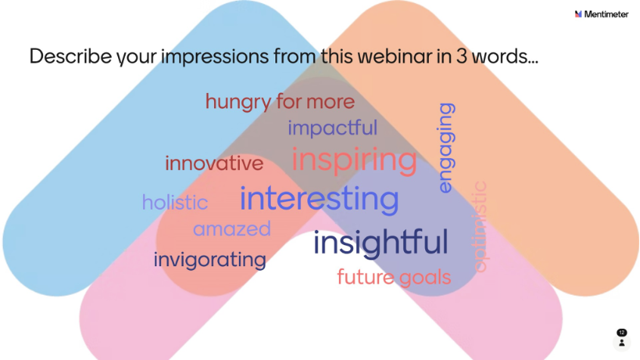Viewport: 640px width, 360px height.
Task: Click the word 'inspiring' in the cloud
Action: tap(354, 161)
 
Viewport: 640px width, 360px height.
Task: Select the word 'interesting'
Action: tap(319, 198)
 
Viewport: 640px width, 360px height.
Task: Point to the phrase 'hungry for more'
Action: tap(280, 101)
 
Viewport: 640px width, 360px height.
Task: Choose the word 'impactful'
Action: tap(333, 128)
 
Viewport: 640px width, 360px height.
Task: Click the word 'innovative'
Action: tap(214, 163)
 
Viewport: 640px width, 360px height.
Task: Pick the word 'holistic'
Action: tap(175, 202)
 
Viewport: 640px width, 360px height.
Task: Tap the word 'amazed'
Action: tap(231, 229)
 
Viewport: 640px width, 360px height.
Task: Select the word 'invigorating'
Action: tap(210, 260)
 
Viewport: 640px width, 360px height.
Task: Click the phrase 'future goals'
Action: tap(394, 278)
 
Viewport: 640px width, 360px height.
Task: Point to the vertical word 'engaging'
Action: tap(446, 147)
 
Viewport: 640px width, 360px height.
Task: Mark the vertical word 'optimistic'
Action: tap(480, 227)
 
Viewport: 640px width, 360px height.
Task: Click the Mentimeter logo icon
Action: tap(578, 14)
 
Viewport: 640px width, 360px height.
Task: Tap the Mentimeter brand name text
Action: tap(606, 14)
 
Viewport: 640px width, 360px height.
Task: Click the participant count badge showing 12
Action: tap(622, 333)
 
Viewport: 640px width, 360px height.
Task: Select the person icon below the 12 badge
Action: tap(622, 343)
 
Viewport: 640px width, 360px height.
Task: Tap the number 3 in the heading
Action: tap(461, 56)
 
